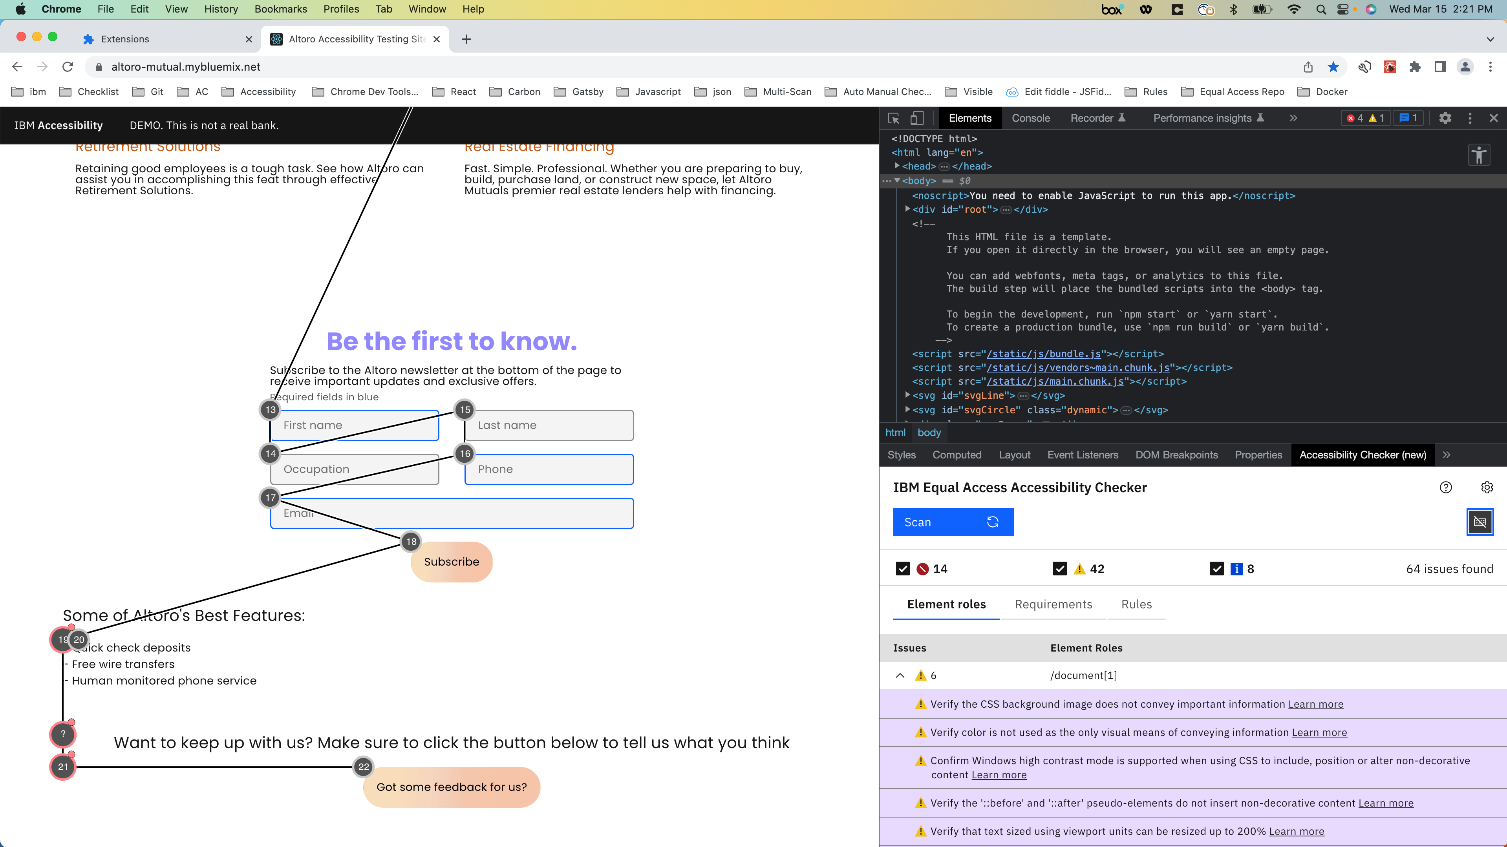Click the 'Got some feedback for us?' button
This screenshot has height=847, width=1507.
[x=451, y=787]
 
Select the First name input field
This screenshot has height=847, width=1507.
[x=355, y=425]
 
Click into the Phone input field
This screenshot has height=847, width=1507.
[x=549, y=469]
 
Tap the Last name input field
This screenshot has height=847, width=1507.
[x=549, y=425]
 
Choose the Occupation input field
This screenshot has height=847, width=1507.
[x=355, y=469]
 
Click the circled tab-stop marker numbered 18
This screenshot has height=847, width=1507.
[x=411, y=542]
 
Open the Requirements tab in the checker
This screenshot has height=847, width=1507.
[x=1053, y=604]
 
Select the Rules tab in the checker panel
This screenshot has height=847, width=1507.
[x=1136, y=604]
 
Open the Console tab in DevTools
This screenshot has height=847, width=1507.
[x=1030, y=118]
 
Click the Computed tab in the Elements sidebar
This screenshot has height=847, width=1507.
[x=957, y=455]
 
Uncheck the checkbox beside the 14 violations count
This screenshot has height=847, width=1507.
[x=903, y=569]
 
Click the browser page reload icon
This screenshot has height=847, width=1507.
[x=68, y=67]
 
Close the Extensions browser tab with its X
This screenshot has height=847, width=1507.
[x=249, y=39]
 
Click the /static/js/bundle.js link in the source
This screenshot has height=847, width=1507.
[x=1044, y=354]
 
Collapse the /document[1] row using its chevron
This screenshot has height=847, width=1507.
[x=900, y=675]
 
